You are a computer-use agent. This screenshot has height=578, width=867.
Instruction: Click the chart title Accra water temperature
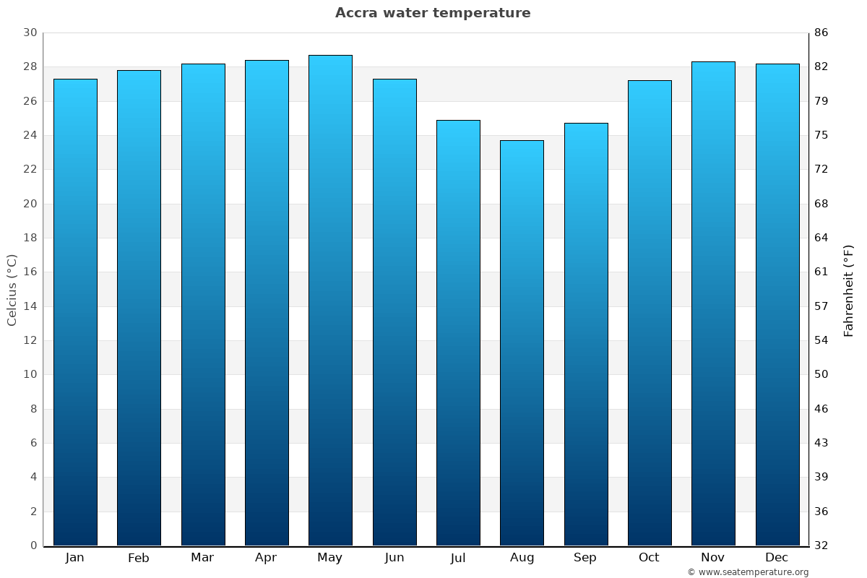coord(433,13)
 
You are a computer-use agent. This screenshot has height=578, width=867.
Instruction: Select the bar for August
coord(522,343)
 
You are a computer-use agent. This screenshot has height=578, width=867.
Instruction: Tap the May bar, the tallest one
coord(330,300)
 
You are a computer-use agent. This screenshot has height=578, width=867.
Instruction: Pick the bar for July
coord(458,332)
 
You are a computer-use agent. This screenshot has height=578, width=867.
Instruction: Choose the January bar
coord(75,312)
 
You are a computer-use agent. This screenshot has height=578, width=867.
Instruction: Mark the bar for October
coord(650,313)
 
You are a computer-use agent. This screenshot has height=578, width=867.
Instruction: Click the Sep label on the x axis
coord(585,558)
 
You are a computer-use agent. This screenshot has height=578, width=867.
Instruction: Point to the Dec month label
coord(777,558)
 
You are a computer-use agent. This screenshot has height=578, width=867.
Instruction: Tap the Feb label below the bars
coord(139,558)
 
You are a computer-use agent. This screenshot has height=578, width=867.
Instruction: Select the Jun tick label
coord(394,558)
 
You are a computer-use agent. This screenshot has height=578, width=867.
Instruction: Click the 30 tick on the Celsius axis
coord(30,33)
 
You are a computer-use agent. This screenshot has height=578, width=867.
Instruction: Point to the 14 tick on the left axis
coord(30,306)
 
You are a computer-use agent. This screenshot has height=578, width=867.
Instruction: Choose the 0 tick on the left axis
coord(33,545)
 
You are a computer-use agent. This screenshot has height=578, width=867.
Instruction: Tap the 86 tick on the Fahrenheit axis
coord(821,33)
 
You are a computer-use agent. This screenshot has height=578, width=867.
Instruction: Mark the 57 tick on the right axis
coord(821,306)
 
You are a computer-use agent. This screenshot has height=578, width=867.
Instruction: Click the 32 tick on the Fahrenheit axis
coord(821,545)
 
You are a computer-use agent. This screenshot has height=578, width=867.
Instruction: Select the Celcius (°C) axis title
coord(12,290)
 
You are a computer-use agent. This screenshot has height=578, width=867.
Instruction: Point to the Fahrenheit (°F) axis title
coord(849,290)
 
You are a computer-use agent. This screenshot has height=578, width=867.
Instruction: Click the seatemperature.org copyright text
coord(748,572)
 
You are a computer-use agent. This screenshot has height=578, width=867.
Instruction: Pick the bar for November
coord(713,303)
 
